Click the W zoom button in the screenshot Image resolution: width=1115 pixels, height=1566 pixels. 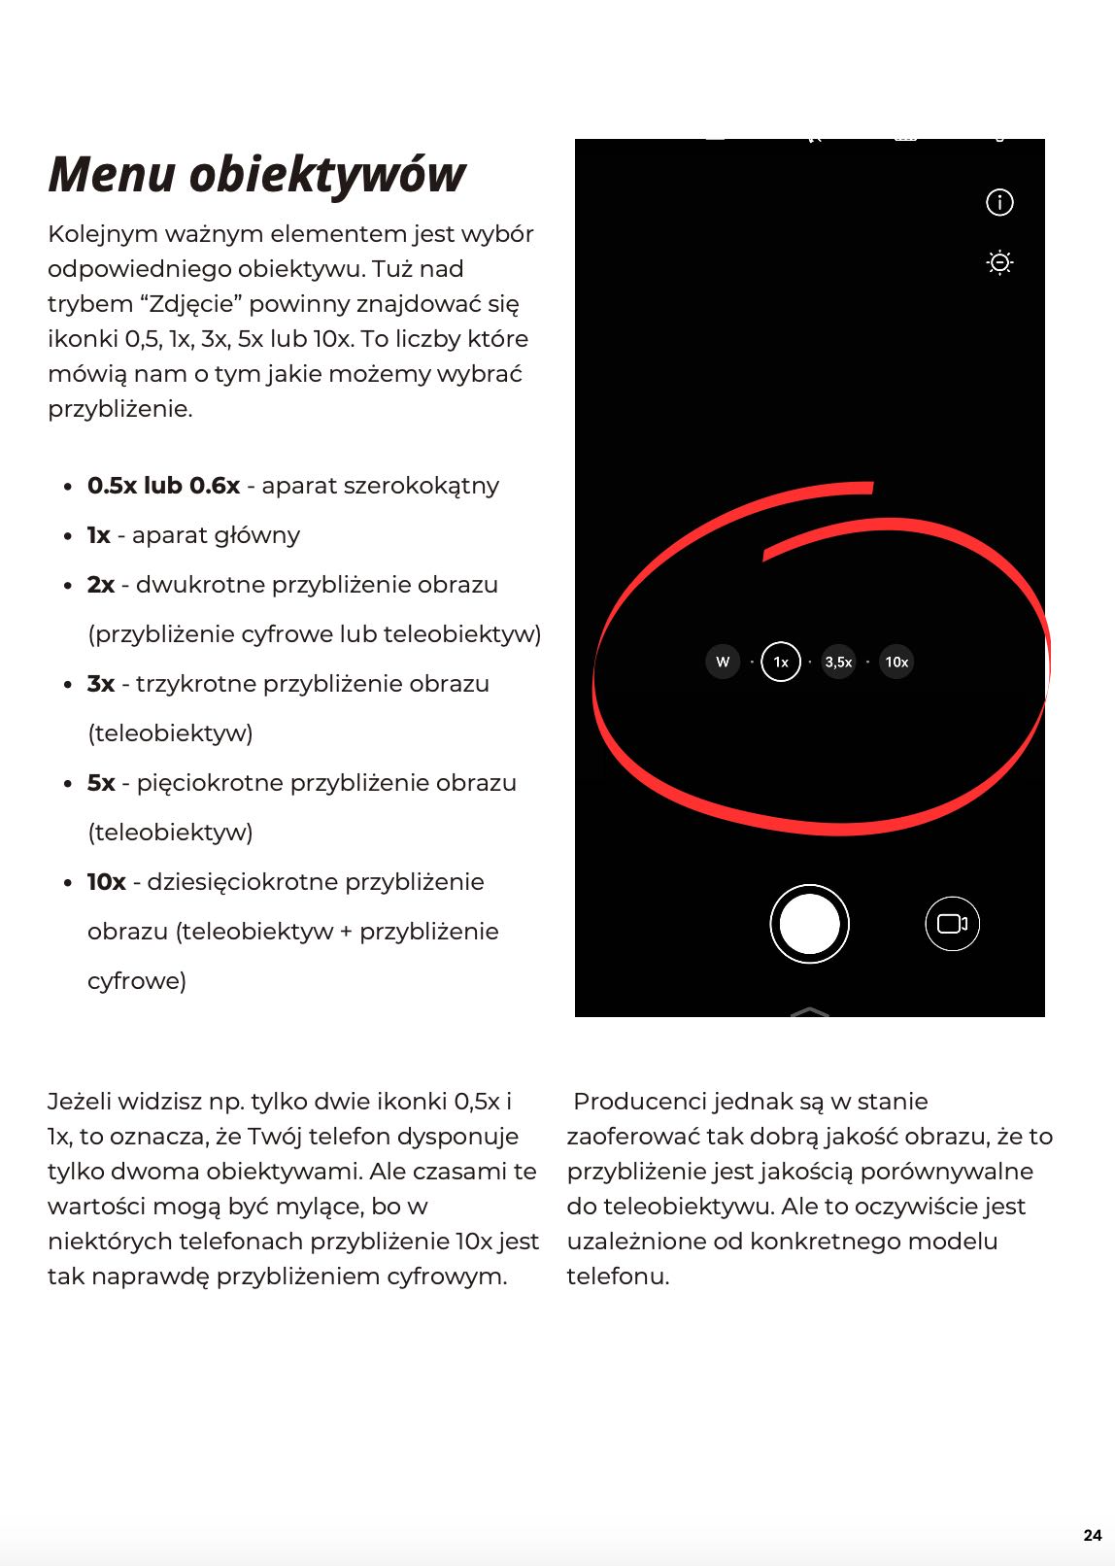723,663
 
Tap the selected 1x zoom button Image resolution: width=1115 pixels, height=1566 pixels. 781,663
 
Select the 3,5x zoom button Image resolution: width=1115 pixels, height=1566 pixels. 838,663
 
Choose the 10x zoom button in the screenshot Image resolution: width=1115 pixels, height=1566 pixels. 896,663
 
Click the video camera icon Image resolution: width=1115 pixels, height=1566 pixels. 952,924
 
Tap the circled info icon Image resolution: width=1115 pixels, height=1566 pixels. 999,202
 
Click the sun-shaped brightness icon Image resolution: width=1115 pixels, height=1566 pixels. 999,262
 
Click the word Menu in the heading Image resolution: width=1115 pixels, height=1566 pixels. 112,175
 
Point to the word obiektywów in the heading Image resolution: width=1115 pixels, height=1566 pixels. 327,175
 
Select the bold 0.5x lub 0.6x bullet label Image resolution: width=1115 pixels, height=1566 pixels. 163,486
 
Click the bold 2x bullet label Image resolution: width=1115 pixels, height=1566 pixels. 101,585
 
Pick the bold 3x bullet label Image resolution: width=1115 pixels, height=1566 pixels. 101,684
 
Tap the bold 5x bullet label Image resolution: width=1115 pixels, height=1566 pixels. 101,783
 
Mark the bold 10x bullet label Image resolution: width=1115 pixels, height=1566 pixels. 107,882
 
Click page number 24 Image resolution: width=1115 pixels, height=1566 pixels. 1093,1535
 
